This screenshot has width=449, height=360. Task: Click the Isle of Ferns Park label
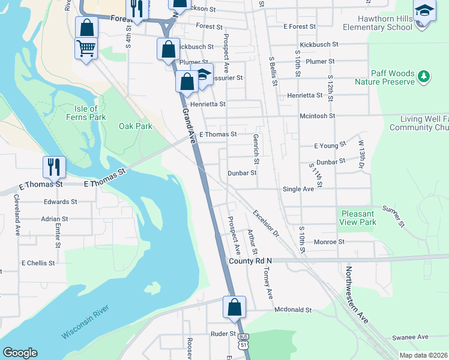[x=86, y=113]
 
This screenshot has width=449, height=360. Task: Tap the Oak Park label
[x=136, y=126]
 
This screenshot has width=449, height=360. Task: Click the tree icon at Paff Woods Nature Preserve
[x=424, y=76]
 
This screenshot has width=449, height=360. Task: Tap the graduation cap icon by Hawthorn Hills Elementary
[x=424, y=11]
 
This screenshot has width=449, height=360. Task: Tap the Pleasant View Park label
[x=358, y=218]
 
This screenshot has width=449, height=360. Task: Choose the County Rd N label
[x=250, y=261]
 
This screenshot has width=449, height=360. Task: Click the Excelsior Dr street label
[x=266, y=223]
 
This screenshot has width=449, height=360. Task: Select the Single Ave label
[x=298, y=189]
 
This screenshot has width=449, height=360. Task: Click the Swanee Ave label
[x=410, y=337]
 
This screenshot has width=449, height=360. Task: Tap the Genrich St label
[x=256, y=149]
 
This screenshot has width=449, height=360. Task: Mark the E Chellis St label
[x=38, y=263]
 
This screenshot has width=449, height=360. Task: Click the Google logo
[x=20, y=353]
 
